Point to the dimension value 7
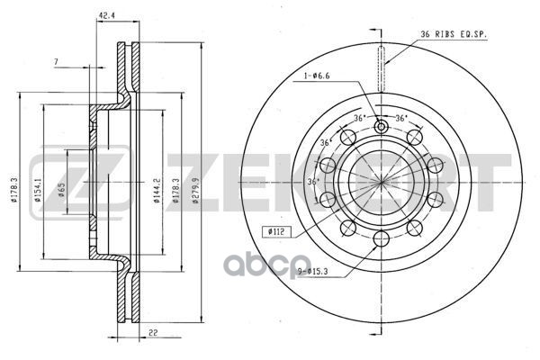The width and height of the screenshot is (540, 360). click(56, 62)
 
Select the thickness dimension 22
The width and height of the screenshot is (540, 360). click(153, 333)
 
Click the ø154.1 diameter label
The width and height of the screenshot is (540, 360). click(38, 189)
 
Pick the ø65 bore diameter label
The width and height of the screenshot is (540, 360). click(62, 190)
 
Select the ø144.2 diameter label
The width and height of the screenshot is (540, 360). click(157, 190)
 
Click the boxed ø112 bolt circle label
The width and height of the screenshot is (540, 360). click(277, 232)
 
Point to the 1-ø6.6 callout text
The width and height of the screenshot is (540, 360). click(317, 76)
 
